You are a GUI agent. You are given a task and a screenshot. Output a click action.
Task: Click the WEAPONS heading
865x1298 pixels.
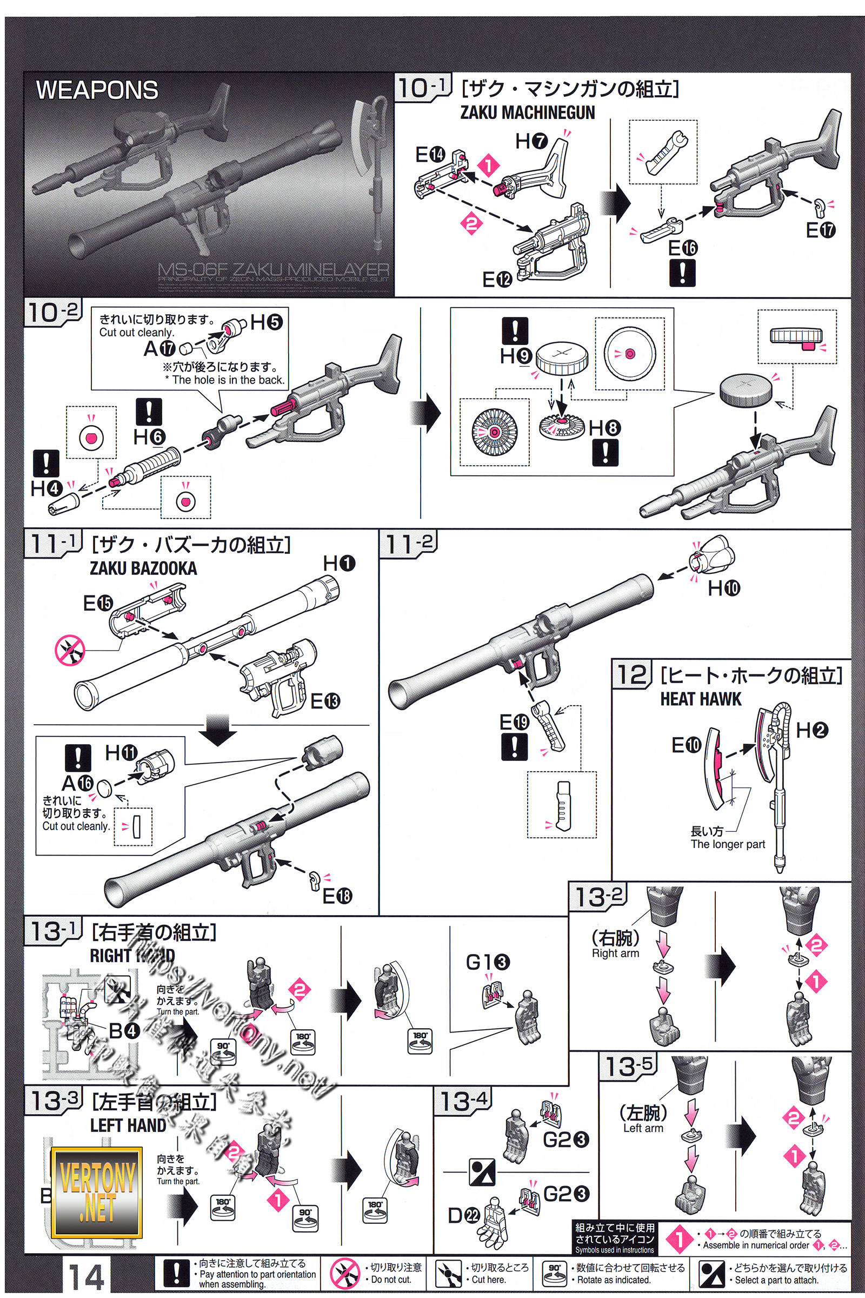click(x=97, y=90)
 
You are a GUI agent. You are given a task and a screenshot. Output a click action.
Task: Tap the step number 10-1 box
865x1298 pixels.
click(x=422, y=88)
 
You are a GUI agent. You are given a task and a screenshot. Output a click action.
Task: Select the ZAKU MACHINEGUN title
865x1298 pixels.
click(x=528, y=112)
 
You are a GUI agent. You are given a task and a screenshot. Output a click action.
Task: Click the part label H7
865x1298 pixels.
click(x=531, y=141)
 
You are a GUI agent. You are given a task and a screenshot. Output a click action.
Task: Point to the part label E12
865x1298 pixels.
click(x=497, y=280)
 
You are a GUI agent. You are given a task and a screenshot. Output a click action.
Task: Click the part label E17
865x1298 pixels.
click(x=820, y=229)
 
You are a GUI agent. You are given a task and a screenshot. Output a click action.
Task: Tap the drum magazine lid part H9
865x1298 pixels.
click(x=561, y=358)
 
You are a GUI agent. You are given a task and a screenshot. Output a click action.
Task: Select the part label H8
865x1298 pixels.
click(x=604, y=428)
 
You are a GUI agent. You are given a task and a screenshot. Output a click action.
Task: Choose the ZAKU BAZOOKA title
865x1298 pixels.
click(x=143, y=568)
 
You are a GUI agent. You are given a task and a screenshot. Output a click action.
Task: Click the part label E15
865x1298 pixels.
click(x=98, y=603)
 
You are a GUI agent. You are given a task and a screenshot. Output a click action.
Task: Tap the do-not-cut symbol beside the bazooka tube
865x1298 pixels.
click(x=70, y=650)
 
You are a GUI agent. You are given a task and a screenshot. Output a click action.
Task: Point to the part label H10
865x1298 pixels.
click(x=723, y=588)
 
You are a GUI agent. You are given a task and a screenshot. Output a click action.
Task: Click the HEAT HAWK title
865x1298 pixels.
click(x=701, y=699)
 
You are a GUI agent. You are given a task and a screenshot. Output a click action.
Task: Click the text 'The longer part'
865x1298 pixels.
click(x=728, y=844)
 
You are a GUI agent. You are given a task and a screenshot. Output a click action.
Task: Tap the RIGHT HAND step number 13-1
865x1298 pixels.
click(x=53, y=931)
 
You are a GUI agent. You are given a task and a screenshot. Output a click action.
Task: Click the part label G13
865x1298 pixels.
click(x=488, y=963)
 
